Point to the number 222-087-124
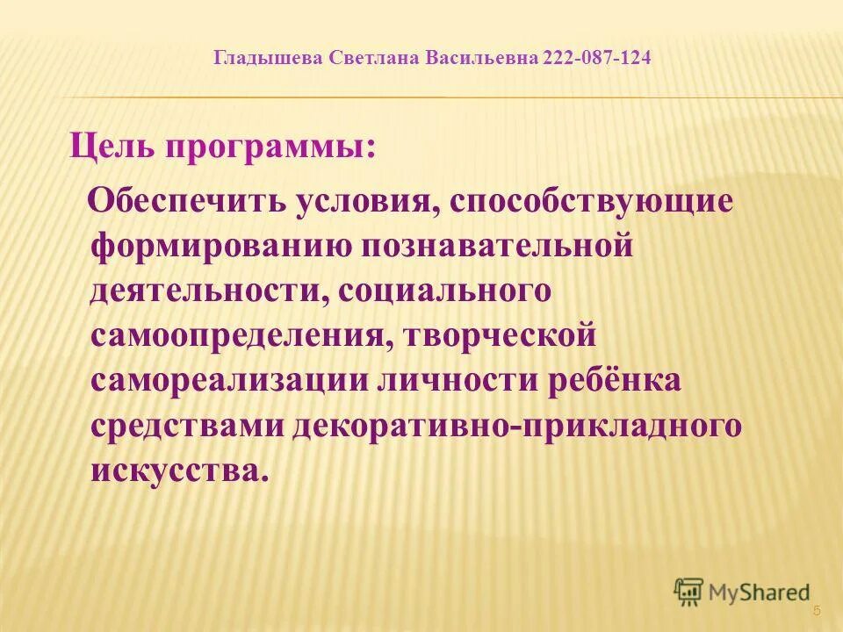click(598, 59)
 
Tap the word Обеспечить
click(189, 199)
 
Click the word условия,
click(366, 199)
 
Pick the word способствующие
click(592, 201)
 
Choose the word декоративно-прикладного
click(517, 426)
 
